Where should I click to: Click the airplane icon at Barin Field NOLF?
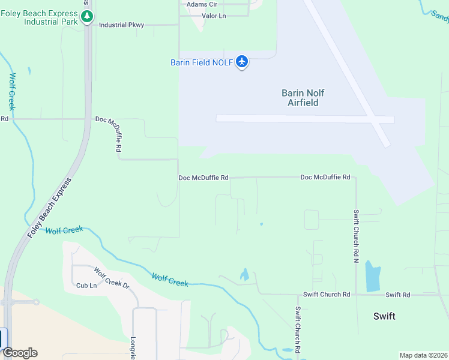point(242,62)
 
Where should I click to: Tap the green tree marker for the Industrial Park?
point(88,17)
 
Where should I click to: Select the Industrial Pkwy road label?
point(121,25)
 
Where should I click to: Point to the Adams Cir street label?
point(202,4)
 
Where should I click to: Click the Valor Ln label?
point(214,16)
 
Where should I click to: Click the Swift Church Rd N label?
point(356,236)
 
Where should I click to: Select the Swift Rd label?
point(398,295)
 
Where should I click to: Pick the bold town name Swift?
point(384,316)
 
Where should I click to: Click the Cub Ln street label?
point(86,285)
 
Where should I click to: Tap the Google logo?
point(20,353)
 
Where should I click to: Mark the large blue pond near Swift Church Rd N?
point(372,277)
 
